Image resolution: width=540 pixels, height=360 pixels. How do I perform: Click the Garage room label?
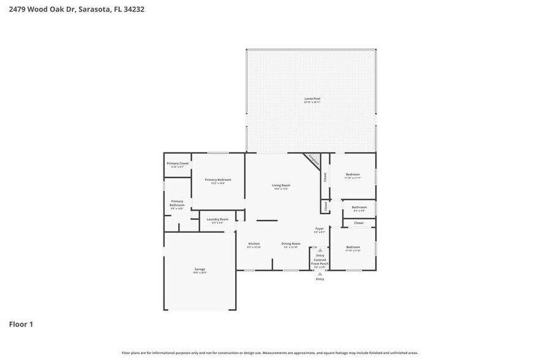pyautogui.click(x=200, y=269)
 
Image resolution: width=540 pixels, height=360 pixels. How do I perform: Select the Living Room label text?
pyautogui.click(x=281, y=186)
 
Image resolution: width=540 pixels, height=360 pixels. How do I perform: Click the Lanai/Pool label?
pyautogui.click(x=312, y=99)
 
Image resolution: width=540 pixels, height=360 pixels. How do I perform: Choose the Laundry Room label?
pyautogui.click(x=217, y=219)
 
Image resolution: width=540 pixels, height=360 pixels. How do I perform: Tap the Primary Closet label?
pyautogui.click(x=178, y=163)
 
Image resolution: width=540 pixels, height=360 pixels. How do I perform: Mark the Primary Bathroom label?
pyautogui.click(x=177, y=203)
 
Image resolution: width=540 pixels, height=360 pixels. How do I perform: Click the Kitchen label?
pyautogui.click(x=254, y=244)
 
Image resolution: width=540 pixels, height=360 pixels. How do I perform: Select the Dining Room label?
pyautogui.click(x=291, y=244)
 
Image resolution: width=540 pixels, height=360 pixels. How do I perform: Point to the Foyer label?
pyautogui.click(x=320, y=229)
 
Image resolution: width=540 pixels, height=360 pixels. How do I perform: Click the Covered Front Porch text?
pyautogui.click(x=320, y=261)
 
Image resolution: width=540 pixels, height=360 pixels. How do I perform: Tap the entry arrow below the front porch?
pyautogui.click(x=320, y=273)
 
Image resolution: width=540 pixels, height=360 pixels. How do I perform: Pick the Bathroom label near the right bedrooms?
pyautogui.click(x=359, y=208)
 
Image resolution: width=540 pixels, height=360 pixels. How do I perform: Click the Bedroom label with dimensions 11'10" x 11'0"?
pyautogui.click(x=353, y=247)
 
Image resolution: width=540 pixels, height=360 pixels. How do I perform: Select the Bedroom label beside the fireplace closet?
pyautogui.click(x=353, y=175)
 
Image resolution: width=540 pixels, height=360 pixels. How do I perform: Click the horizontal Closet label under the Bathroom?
pyautogui.click(x=359, y=223)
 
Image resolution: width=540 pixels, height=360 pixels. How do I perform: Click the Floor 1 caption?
pyautogui.click(x=21, y=324)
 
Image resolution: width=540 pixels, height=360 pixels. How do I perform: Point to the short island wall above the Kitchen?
pyautogui.click(x=266, y=220)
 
